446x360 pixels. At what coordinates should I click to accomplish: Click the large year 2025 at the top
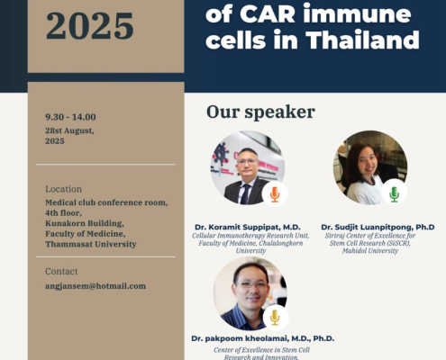click(90, 26)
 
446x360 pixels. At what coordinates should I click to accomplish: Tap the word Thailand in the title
click(362, 40)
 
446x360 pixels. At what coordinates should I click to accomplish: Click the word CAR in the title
click(268, 13)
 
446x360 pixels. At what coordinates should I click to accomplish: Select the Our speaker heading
click(260, 112)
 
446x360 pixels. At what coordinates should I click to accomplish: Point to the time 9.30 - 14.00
click(70, 117)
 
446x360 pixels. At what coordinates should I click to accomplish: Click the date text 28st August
click(69, 130)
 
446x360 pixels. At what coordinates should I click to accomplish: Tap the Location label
click(63, 189)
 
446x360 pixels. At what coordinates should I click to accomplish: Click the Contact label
click(61, 271)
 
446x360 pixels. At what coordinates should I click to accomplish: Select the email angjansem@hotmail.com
click(96, 286)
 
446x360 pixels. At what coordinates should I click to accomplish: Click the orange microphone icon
click(275, 194)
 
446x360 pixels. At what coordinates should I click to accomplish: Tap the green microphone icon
click(395, 194)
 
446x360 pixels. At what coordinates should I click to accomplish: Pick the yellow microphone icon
click(275, 318)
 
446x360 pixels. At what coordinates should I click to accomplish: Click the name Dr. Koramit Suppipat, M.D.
click(248, 227)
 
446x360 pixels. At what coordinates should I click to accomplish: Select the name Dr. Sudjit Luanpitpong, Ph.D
click(378, 227)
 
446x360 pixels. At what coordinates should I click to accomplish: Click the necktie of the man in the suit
click(246, 194)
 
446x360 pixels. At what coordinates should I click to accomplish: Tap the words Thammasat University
click(91, 244)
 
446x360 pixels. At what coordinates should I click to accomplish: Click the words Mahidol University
click(370, 251)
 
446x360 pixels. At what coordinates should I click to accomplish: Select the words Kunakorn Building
click(85, 223)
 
